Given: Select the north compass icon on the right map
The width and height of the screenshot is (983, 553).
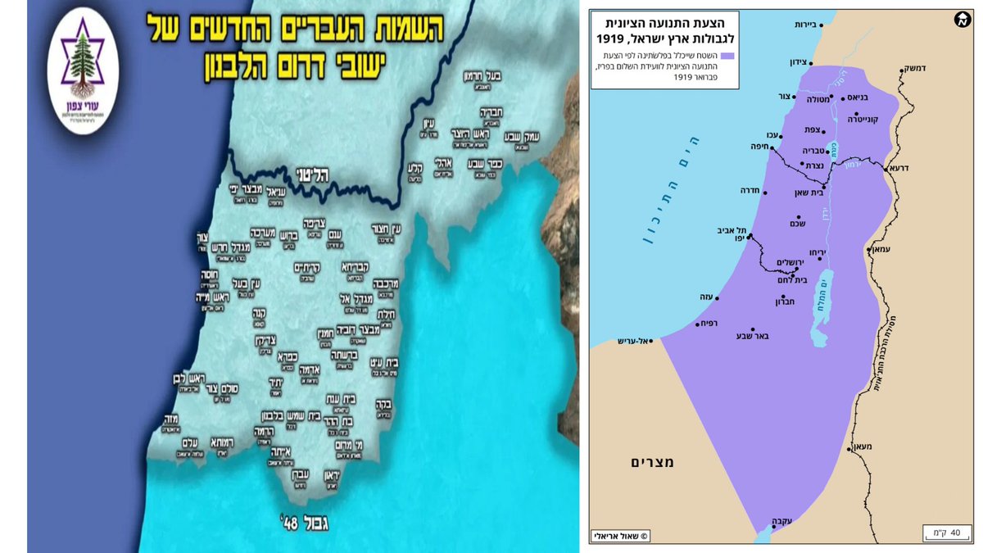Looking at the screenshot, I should point(963,21).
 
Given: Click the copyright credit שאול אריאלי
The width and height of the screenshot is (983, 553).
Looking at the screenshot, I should point(622,537).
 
